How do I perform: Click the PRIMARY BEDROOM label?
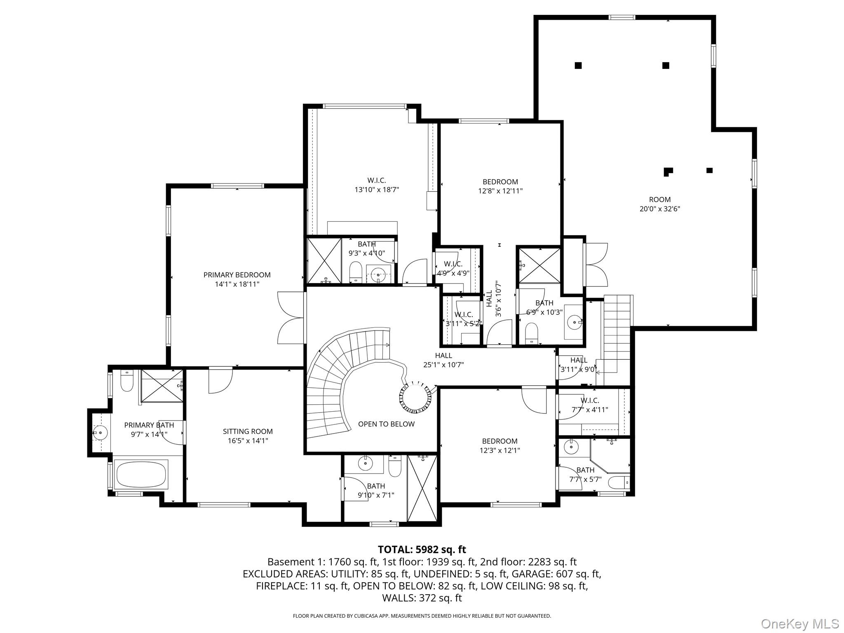pyautogui.click(x=237, y=275)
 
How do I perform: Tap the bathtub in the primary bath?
pyautogui.click(x=141, y=474)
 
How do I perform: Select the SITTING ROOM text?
pyautogui.click(x=248, y=431)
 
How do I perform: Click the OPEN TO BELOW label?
pyautogui.click(x=386, y=424)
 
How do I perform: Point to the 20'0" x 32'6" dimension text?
pyautogui.click(x=659, y=209)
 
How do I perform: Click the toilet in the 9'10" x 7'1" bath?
pyautogui.click(x=394, y=467)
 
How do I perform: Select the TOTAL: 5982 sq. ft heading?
pyautogui.click(x=422, y=549)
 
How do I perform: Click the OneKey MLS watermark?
pyautogui.click(x=799, y=624)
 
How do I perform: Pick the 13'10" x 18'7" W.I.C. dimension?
pyautogui.click(x=377, y=190)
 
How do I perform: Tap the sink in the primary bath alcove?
pyautogui.click(x=100, y=433)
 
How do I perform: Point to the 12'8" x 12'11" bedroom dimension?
pyautogui.click(x=500, y=191)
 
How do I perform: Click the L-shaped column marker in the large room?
pyautogui.click(x=668, y=171)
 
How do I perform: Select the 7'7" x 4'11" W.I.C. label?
pyautogui.click(x=590, y=405)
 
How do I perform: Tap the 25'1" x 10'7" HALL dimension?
pyautogui.click(x=443, y=365)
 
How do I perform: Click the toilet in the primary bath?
pyautogui.click(x=127, y=382)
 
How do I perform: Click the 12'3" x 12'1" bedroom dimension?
pyautogui.click(x=499, y=450)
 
